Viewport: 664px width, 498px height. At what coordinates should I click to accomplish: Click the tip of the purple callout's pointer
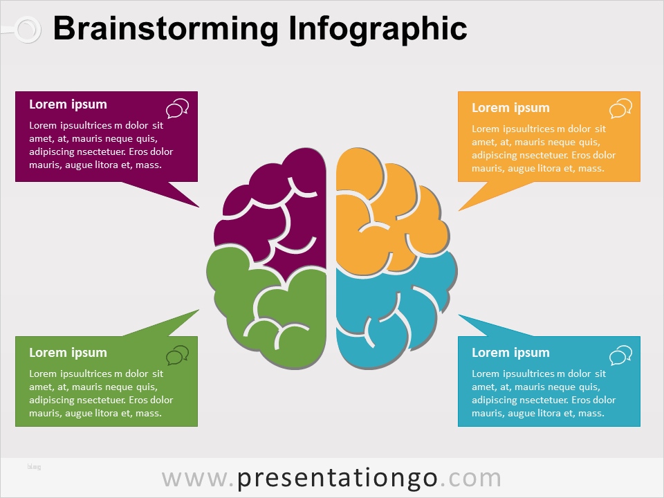199,207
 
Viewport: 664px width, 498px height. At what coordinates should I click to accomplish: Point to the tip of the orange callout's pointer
459,210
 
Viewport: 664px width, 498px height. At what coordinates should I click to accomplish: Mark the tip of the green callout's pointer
199,310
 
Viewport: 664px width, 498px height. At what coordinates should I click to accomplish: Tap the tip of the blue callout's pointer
459,315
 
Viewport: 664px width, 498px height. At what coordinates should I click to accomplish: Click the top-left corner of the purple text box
15,91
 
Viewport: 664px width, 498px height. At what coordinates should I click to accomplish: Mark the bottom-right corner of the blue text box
640,427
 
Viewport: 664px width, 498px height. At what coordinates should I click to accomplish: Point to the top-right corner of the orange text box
640,91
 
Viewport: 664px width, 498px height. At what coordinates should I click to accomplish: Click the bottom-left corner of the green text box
15,427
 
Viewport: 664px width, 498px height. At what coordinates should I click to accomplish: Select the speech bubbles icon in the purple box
178,109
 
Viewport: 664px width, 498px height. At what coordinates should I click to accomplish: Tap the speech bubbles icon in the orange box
621,109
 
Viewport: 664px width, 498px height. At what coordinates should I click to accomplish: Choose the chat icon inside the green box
178,355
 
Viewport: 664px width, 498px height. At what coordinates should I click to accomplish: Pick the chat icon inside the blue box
621,355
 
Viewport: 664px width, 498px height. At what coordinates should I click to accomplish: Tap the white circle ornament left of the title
28,29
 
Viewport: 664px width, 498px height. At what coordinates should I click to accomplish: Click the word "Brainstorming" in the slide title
165,29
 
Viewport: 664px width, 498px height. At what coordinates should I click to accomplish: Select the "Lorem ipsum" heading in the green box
68,353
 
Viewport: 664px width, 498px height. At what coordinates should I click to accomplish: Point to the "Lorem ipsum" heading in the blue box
510,353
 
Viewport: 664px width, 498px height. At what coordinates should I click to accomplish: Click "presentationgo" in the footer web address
337,479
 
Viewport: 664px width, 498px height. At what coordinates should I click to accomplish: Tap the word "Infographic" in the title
378,29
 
